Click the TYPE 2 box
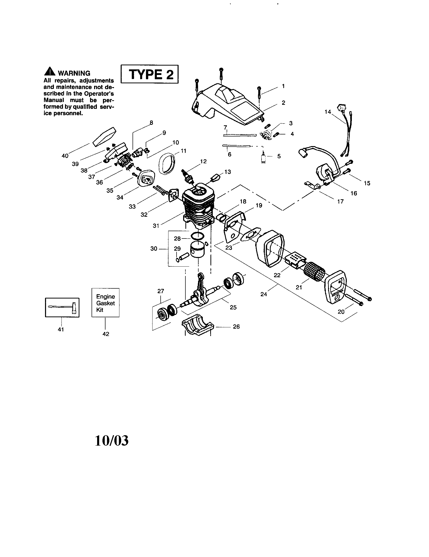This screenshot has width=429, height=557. tap(149, 74)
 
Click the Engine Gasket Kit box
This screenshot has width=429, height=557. tap(105, 303)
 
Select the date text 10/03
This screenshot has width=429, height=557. tap(112, 441)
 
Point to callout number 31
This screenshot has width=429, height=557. tap(156, 225)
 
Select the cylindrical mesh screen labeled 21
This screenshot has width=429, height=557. tap(315, 272)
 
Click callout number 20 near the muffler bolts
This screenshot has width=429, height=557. tap(341, 312)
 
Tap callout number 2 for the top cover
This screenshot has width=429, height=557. tap(283, 103)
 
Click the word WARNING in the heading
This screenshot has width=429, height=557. tap(74, 73)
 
